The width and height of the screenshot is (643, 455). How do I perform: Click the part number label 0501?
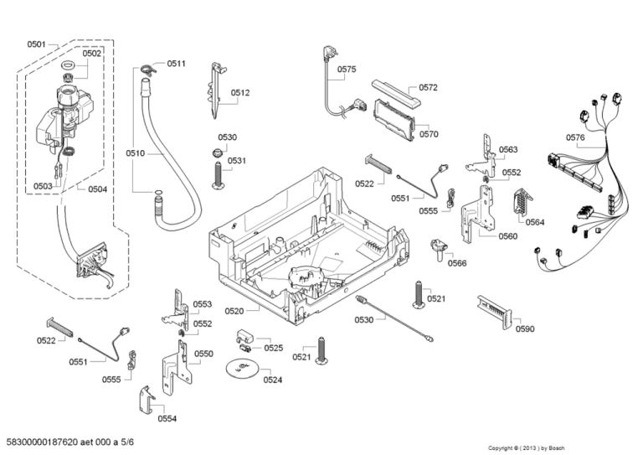click(36, 44)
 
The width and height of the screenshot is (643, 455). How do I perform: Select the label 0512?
click(240, 93)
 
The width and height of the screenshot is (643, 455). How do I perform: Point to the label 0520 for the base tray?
click(234, 311)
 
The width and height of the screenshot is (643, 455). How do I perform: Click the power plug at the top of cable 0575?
click(329, 53)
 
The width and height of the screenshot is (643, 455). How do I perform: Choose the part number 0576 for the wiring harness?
click(575, 137)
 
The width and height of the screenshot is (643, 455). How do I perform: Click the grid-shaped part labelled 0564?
click(522, 201)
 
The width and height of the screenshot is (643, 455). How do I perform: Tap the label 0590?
click(525, 328)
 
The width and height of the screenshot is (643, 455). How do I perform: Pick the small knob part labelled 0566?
click(439, 250)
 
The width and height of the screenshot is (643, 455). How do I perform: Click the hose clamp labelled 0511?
click(148, 70)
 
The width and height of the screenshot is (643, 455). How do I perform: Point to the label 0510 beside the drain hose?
click(136, 153)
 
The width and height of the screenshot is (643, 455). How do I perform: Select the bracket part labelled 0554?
click(146, 400)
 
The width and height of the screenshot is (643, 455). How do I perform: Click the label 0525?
click(274, 348)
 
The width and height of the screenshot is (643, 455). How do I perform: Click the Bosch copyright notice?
click(526, 448)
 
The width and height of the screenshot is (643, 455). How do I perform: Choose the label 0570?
click(429, 134)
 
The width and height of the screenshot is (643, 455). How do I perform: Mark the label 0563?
click(508, 149)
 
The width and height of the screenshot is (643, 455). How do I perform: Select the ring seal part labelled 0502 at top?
click(69, 64)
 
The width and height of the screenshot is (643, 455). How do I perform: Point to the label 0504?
click(97, 189)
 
